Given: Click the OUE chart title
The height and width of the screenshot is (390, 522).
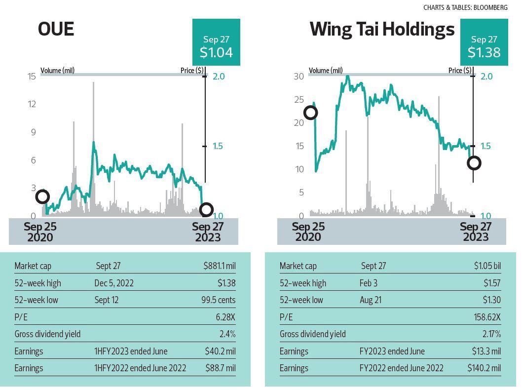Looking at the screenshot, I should point(56,29).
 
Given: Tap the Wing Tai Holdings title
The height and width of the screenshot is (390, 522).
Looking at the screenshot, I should point(382,29).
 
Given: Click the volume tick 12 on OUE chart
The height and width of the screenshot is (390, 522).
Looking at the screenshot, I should point(32,104).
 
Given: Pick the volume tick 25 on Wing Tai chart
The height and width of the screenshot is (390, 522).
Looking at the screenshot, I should point(299,100).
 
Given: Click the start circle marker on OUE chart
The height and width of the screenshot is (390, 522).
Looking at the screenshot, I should point(42,197).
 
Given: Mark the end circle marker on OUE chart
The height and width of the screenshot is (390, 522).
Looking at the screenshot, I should point(206,210).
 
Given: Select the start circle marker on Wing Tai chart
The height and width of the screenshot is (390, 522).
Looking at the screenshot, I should point(310,113).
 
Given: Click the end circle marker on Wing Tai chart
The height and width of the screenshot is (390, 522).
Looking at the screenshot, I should point(474,163).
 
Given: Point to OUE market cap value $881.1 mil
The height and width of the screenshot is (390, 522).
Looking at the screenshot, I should point(219,266).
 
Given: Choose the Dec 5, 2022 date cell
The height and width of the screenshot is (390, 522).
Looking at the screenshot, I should point(114,283).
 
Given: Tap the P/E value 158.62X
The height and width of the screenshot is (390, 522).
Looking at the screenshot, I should point(487,317).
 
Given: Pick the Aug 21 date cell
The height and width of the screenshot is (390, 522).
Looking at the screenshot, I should point(371,300).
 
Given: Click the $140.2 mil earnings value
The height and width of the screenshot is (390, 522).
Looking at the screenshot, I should point(484,368).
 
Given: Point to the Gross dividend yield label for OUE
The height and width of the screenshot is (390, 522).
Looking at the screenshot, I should point(47,334).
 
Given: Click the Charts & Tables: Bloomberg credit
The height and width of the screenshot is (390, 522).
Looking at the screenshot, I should point(465,7).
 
